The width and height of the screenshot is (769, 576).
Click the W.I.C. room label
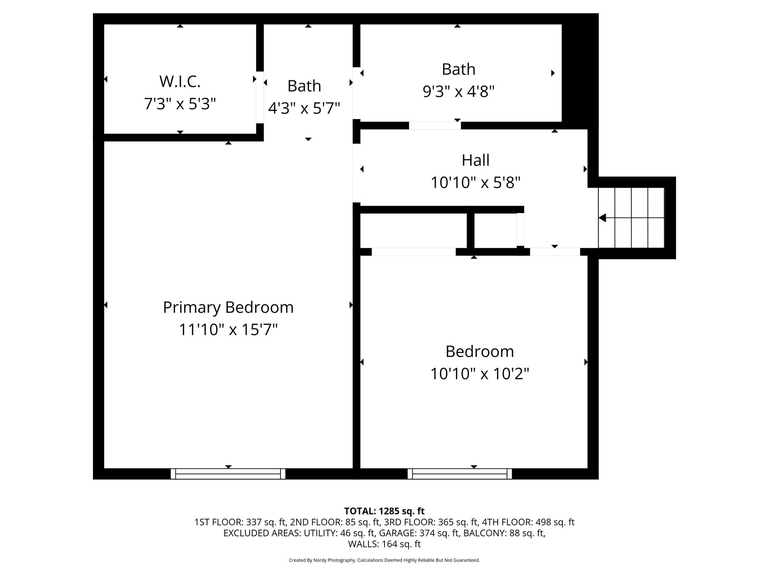180,81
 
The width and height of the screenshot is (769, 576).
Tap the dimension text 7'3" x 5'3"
180,104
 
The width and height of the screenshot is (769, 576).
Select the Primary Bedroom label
228,308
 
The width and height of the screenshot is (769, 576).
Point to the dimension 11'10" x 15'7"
228,330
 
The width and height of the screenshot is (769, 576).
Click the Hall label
475,160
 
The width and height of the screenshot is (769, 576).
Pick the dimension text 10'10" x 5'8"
475,183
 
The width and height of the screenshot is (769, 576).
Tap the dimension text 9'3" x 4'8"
458,91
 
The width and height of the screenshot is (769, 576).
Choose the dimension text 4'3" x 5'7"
304,108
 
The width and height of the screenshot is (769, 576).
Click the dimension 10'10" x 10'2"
480,374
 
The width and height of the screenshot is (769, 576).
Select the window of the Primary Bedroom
228,474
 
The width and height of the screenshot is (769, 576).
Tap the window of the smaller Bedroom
460,474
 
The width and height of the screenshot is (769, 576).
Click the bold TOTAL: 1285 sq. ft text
384,511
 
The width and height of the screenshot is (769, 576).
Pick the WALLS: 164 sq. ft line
384,544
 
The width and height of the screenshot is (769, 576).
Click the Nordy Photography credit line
384,560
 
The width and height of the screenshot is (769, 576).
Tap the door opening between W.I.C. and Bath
260,97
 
